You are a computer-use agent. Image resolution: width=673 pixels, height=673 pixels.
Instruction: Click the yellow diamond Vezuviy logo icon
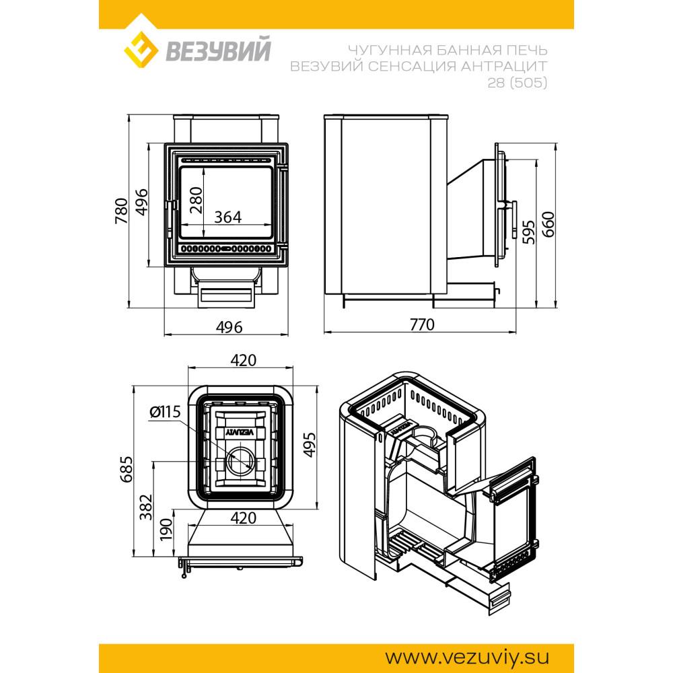pos(141,49)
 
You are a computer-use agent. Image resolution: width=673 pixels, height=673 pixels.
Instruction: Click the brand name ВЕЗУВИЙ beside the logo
pos(218,50)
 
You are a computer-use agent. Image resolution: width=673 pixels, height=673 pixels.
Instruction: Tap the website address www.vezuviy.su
pos(467,658)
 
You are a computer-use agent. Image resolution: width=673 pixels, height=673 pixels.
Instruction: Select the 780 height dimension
pos(121,211)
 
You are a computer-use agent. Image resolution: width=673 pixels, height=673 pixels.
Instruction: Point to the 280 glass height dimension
pos(196,200)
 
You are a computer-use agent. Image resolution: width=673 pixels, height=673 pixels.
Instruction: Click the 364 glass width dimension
pos(228,217)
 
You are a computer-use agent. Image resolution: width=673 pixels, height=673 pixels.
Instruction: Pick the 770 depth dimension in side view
pos(422,324)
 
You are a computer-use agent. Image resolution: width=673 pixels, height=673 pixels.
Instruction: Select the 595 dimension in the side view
pos(529,232)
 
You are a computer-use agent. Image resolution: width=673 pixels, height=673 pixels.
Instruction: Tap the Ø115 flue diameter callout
pos(166,412)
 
